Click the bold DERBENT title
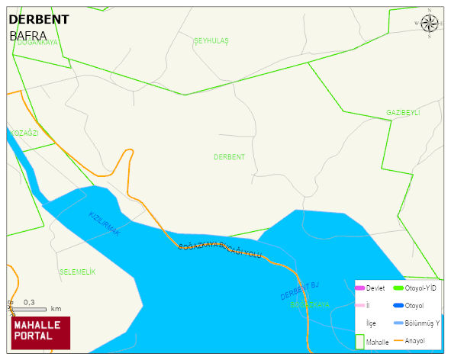click(x=38, y=19)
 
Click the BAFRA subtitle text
click(x=28, y=35)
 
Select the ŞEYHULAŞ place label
click(x=211, y=40)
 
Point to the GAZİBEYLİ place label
click(x=403, y=113)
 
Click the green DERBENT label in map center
click(x=229, y=156)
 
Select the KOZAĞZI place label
click(x=24, y=133)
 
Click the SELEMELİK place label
click(x=77, y=272)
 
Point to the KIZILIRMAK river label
click(x=105, y=223)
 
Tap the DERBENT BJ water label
click(x=298, y=291)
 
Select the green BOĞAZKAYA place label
click(x=310, y=304)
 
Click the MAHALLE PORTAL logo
click(x=40, y=331)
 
